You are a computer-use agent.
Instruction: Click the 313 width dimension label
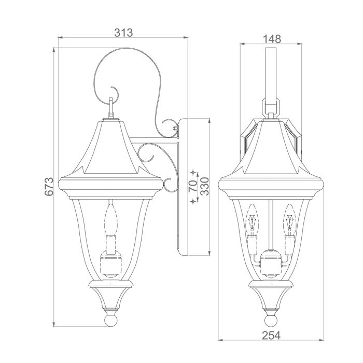[x=123, y=32]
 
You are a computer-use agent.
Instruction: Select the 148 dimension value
[x=271, y=39]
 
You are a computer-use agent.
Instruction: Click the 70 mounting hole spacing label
[x=192, y=187]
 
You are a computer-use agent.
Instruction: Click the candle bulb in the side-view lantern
[x=110, y=220]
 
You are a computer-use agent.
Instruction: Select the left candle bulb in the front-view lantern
[x=252, y=220]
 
